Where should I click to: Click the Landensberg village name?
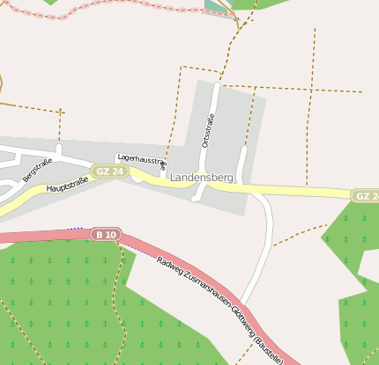point(202,178)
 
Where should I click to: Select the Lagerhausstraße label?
point(141,161)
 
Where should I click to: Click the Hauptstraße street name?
point(68,186)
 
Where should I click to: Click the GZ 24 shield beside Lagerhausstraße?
point(108,171)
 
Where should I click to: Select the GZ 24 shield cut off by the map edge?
point(365,195)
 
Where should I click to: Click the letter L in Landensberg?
point(174,178)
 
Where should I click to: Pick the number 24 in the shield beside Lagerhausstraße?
point(115,171)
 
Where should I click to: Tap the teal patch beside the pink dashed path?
point(215,6)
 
